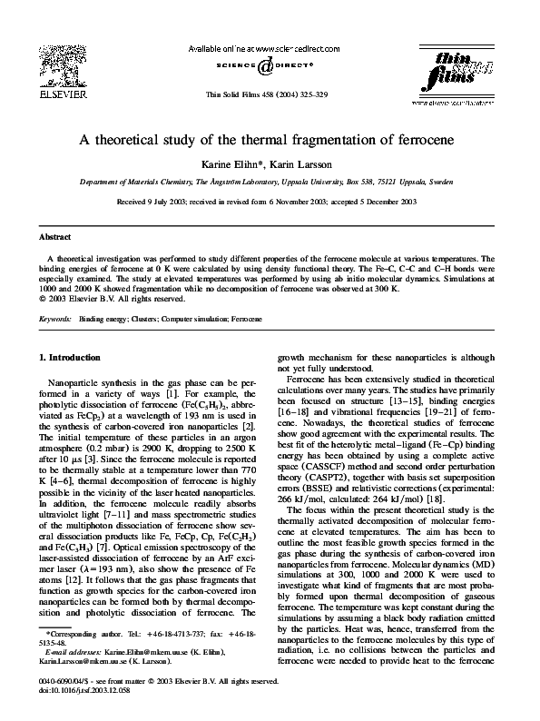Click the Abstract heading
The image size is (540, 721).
click(x=54, y=234)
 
